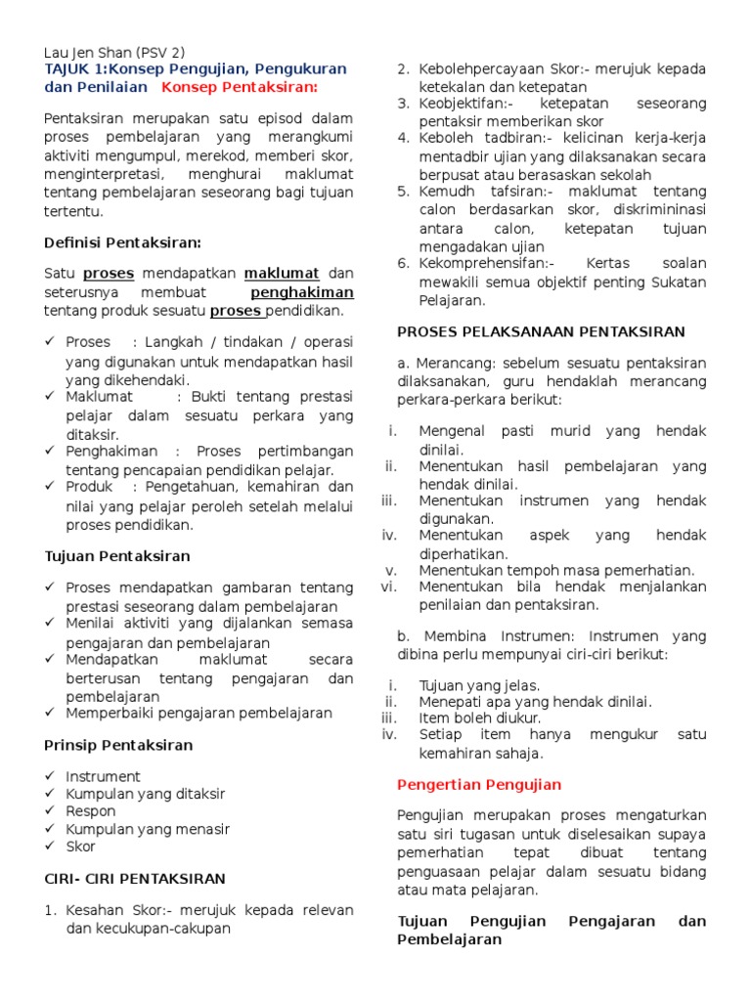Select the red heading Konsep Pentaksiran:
tap(240, 88)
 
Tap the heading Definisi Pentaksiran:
tap(123, 241)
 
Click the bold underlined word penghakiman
tap(302, 292)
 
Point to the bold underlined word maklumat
tap(281, 274)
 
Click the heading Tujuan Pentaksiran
tap(117, 556)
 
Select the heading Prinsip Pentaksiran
tap(118, 745)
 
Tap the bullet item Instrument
tap(103, 776)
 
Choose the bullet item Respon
tap(90, 811)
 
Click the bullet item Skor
tap(80, 847)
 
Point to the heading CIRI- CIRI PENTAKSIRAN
tap(135, 879)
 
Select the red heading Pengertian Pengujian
tap(479, 784)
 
